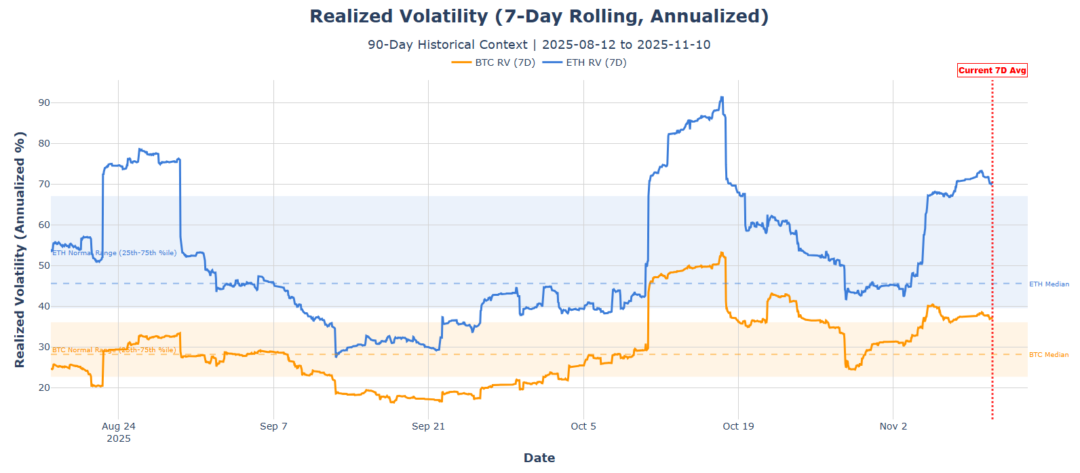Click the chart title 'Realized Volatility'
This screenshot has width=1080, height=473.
[539, 16]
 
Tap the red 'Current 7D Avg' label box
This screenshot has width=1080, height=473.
[992, 70]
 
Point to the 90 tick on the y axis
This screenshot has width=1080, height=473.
[44, 102]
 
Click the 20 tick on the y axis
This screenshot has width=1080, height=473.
[44, 387]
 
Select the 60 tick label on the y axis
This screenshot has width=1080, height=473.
[44, 225]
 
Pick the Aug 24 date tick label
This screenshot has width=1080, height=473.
[119, 426]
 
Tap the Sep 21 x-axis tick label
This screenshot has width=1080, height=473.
[428, 426]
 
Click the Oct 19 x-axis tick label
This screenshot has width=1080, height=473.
[738, 426]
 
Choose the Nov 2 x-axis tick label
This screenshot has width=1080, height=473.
[893, 426]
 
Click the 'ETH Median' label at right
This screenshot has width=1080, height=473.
[1049, 284]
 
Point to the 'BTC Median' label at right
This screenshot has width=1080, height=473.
[1049, 355]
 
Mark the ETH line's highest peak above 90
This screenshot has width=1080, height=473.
[722, 97]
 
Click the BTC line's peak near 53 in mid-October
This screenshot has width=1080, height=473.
[722, 253]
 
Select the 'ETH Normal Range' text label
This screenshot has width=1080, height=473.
[114, 253]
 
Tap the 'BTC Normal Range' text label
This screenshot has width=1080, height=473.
[114, 350]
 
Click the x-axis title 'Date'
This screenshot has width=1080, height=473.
[539, 458]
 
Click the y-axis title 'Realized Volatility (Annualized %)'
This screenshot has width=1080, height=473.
[20, 250]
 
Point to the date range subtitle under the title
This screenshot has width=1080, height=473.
[539, 45]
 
